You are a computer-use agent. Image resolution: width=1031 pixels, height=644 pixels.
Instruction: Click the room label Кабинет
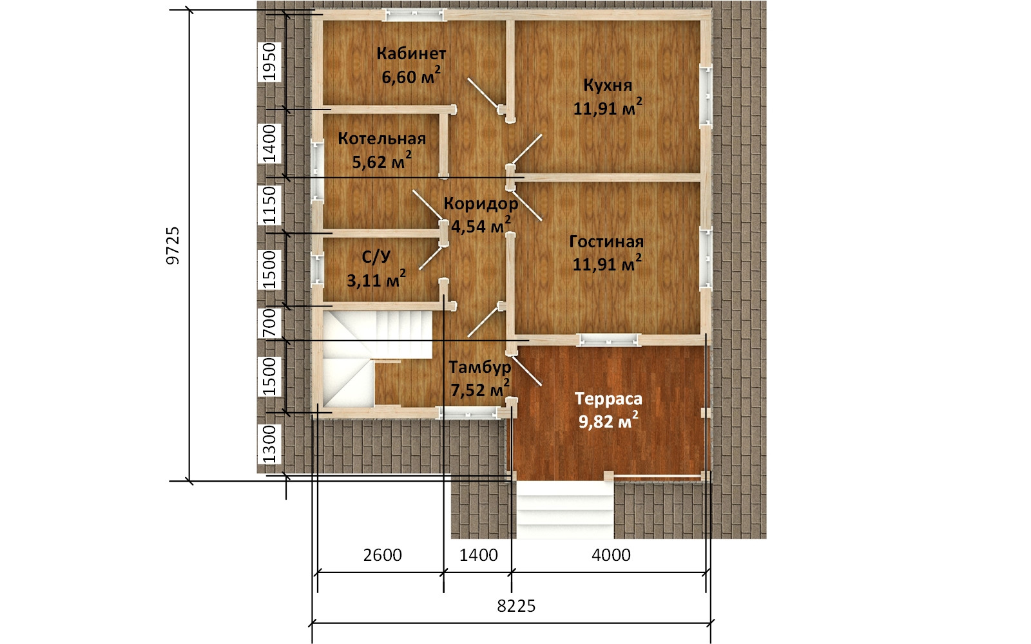(411, 54)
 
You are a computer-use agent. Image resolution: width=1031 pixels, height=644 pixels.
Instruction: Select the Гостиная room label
(606, 242)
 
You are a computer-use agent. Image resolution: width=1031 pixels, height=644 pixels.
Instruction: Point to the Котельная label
(381, 138)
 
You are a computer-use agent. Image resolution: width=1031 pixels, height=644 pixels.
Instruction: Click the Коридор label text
(481, 204)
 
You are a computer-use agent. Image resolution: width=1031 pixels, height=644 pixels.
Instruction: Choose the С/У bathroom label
(376, 257)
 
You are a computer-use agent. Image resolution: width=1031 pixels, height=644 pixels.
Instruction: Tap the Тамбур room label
(479, 367)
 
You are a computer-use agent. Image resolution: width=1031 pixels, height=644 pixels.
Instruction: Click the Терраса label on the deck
(608, 399)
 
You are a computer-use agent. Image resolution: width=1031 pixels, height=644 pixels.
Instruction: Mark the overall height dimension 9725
(173, 245)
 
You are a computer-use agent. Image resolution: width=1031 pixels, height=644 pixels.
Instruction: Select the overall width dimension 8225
(516, 606)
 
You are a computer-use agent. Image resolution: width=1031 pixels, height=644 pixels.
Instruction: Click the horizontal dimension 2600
(383, 555)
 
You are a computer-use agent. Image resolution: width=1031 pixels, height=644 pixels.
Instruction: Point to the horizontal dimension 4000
(611, 555)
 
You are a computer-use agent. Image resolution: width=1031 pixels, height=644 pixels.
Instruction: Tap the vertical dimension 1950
(269, 62)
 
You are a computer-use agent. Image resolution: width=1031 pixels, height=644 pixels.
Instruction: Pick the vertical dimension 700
(269, 323)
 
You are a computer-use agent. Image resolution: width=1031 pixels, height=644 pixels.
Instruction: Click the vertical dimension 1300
(269, 444)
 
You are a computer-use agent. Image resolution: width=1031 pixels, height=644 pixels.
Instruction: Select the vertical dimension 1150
(269, 205)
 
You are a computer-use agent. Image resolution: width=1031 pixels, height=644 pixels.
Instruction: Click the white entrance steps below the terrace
(564, 509)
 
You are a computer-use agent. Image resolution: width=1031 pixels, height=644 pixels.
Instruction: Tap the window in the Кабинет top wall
(416, 15)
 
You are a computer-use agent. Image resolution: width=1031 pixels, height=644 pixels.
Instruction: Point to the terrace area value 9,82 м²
(608, 421)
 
